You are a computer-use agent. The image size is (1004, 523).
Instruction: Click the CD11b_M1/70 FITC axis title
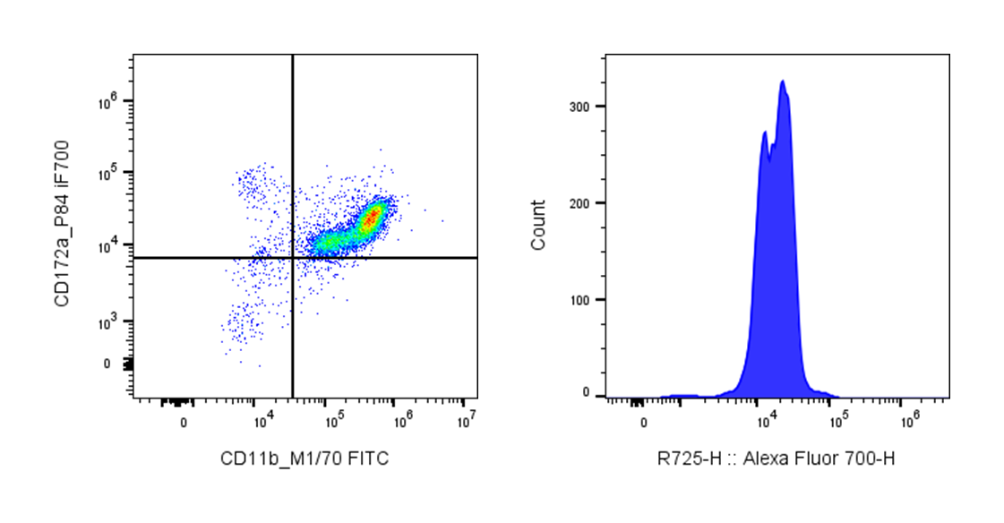[305, 459]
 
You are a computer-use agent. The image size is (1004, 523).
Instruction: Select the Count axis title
[537, 226]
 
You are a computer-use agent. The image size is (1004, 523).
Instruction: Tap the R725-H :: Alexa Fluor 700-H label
[777, 459]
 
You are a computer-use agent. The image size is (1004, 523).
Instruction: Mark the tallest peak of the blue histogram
[783, 81]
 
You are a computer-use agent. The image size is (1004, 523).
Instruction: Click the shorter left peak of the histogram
[765, 133]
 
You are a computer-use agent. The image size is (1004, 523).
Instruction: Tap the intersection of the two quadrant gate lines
[293, 258]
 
